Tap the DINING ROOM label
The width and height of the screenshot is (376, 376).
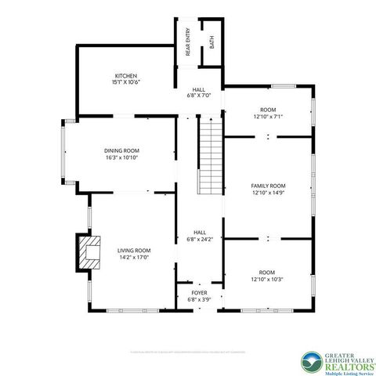(121, 150)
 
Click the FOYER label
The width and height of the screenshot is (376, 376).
(198, 292)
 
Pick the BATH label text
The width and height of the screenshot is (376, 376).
(211, 41)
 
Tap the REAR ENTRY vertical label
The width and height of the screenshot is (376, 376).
(189, 42)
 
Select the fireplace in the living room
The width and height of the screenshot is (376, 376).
(89, 252)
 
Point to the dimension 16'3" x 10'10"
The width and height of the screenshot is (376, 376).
(121, 157)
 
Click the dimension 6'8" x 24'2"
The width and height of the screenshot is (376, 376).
(199, 239)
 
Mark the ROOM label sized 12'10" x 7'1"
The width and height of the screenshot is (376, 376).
(267, 110)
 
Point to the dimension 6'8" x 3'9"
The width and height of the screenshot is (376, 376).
(198, 299)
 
